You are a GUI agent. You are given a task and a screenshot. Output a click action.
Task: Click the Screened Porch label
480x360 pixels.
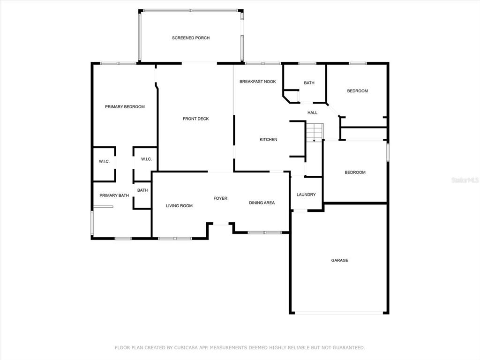[191, 38]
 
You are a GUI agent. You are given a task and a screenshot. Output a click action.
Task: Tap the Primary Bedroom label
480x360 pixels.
[125, 107]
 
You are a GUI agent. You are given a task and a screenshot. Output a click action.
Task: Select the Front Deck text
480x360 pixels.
[195, 119]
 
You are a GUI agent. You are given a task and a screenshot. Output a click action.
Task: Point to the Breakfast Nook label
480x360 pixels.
[258, 82]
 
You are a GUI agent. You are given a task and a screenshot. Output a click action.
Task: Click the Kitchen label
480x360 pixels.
[269, 140]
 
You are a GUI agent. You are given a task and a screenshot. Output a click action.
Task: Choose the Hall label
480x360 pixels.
[313, 112]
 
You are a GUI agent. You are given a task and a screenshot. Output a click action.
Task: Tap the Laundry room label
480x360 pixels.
[306, 195]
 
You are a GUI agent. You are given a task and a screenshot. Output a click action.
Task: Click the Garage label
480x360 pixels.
[340, 261]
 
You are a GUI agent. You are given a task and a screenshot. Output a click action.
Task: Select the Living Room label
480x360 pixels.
[180, 206]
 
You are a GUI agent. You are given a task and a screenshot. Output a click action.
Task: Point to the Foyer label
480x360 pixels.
[220, 198]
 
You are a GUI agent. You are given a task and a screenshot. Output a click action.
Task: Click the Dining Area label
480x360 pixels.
[262, 202]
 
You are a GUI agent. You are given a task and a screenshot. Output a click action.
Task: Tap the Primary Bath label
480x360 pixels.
[114, 195]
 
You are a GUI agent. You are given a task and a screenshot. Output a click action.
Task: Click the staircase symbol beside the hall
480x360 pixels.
[315, 132]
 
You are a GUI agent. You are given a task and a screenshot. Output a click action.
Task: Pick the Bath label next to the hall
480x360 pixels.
[309, 83]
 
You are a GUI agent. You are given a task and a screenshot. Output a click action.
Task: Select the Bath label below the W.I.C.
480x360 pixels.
[142, 190]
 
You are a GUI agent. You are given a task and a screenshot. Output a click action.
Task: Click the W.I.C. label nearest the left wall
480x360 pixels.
[104, 162]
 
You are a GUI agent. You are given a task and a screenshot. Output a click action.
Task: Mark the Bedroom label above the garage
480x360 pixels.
[355, 172]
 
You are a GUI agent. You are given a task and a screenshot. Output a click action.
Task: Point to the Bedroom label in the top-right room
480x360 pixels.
[358, 91]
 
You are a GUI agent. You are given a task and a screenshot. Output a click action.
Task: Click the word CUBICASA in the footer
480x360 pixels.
[186, 348]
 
